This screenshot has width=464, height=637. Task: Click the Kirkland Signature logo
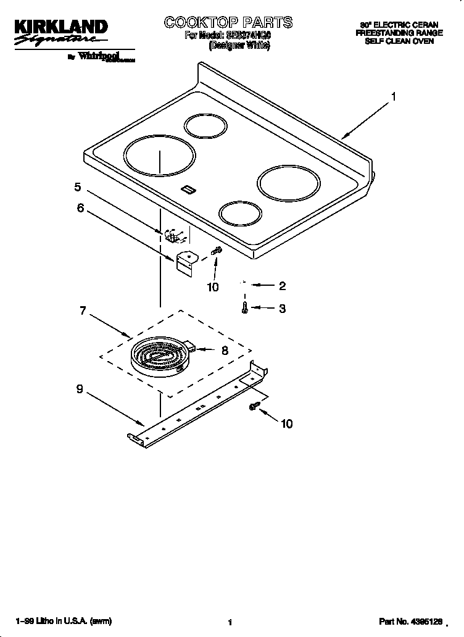60,33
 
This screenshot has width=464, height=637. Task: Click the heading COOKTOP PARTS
228,23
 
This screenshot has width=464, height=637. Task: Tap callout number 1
393,96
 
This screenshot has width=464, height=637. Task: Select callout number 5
78,186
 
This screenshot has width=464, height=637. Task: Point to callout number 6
80,208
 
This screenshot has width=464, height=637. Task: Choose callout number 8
225,349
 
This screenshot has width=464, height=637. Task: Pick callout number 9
80,389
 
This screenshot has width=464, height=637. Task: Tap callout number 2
282,286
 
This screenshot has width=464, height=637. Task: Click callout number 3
282,309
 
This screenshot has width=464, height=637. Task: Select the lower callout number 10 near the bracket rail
286,423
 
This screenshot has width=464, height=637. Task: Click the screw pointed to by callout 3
245,307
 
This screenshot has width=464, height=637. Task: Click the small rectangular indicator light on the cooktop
188,189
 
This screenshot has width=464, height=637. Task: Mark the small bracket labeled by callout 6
184,261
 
